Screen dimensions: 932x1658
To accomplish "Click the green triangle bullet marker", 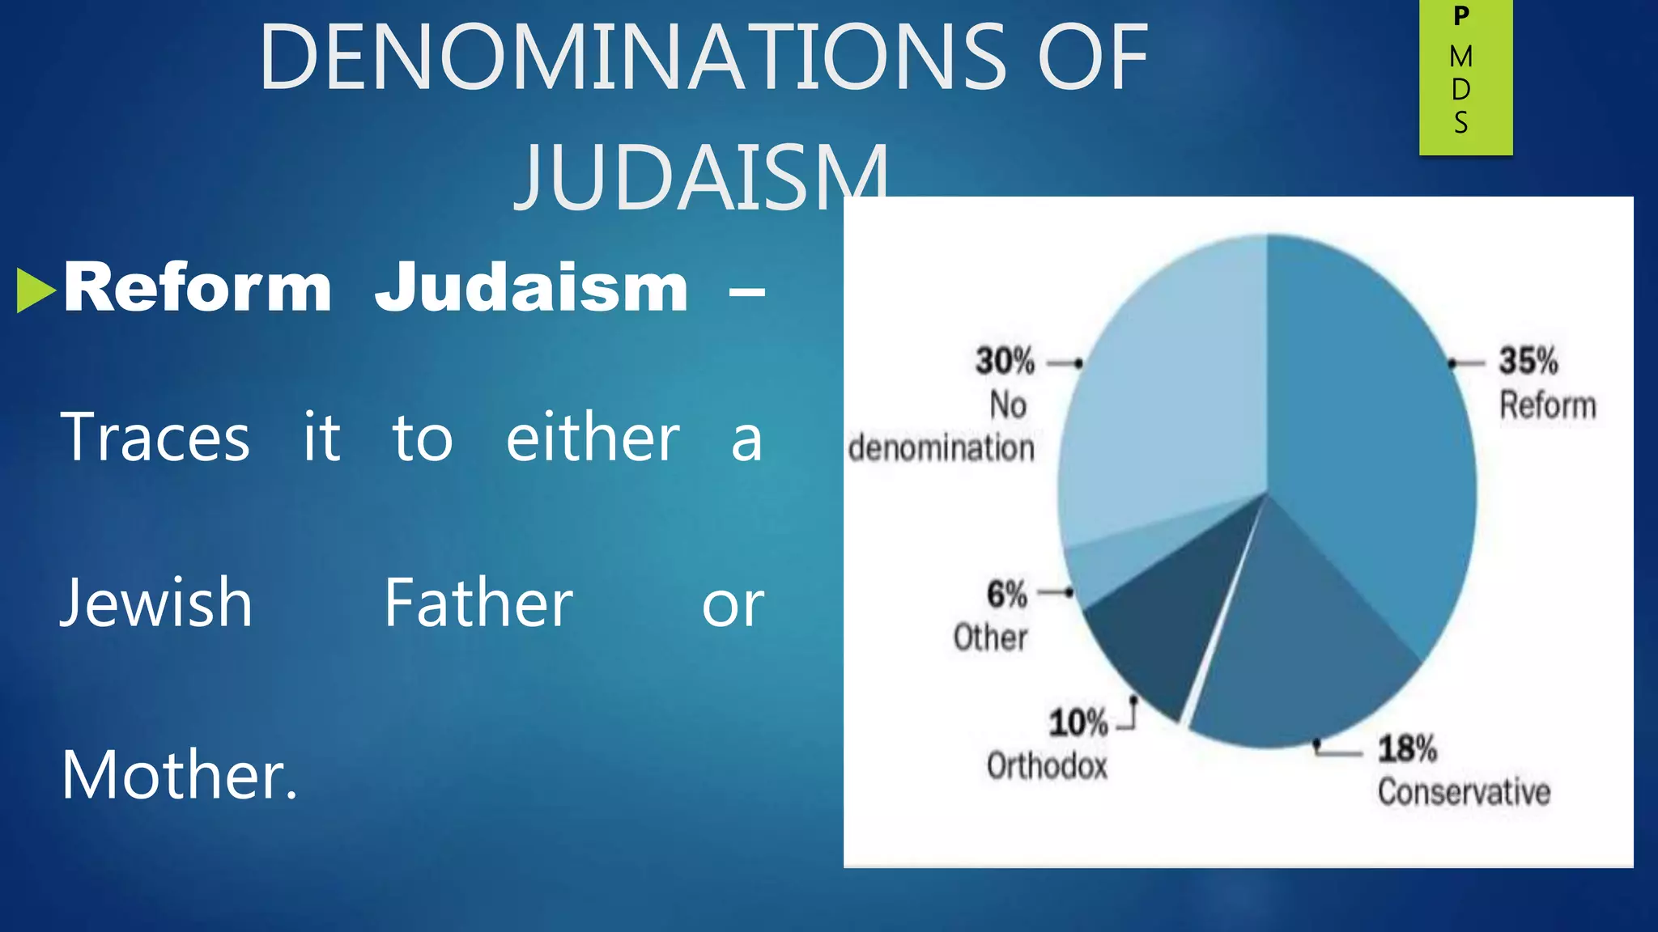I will (35, 290).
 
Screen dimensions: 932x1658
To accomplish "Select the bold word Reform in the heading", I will (198, 288).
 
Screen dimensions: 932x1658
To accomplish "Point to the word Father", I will (478, 604).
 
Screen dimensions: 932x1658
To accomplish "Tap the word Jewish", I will (156, 604).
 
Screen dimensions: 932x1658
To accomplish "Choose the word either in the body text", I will (593, 438).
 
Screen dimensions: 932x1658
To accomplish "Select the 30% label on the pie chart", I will (1005, 362).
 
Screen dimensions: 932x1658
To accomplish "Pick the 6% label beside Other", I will (1006, 595).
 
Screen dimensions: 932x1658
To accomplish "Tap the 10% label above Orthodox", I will (1078, 722).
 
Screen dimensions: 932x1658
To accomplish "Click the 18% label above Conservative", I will (1407, 749).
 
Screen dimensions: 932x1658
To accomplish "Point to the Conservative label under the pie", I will (1464, 792).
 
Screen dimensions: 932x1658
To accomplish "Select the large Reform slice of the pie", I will (1368, 453).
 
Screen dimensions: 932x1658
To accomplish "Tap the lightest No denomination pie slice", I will (1166, 405).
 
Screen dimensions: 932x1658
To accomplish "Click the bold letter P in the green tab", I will (1461, 16).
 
